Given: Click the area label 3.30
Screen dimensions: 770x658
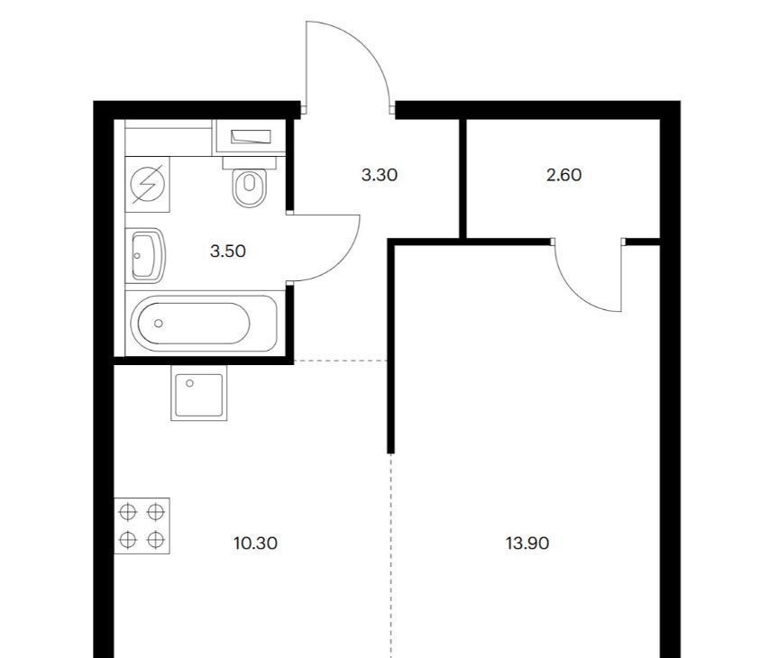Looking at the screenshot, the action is click(379, 175).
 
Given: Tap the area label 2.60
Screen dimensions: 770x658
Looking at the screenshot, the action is click(564, 175).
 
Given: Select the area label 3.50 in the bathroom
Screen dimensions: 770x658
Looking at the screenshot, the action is click(228, 251).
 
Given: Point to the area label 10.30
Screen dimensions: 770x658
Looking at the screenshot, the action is click(255, 544).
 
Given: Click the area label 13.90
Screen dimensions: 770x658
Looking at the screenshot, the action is click(527, 544).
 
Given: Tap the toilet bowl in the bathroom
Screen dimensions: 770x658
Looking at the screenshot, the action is click(250, 187).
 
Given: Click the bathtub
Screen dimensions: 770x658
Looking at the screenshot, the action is click(204, 323).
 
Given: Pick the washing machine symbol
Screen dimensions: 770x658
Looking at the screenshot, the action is click(147, 185).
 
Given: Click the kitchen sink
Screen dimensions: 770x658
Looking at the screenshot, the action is click(199, 393).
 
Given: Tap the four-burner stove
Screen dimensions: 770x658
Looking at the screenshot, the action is click(142, 525).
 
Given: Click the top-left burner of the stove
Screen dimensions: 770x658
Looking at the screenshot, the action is click(128, 512).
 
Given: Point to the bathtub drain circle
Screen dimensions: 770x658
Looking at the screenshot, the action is click(158, 323).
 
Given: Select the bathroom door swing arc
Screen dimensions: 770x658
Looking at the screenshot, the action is click(344, 261).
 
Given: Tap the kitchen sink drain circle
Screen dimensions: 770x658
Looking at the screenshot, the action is click(189, 383).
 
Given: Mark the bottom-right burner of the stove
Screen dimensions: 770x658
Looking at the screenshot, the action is click(156, 540).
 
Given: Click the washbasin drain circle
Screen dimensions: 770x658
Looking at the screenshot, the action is click(137, 256).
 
